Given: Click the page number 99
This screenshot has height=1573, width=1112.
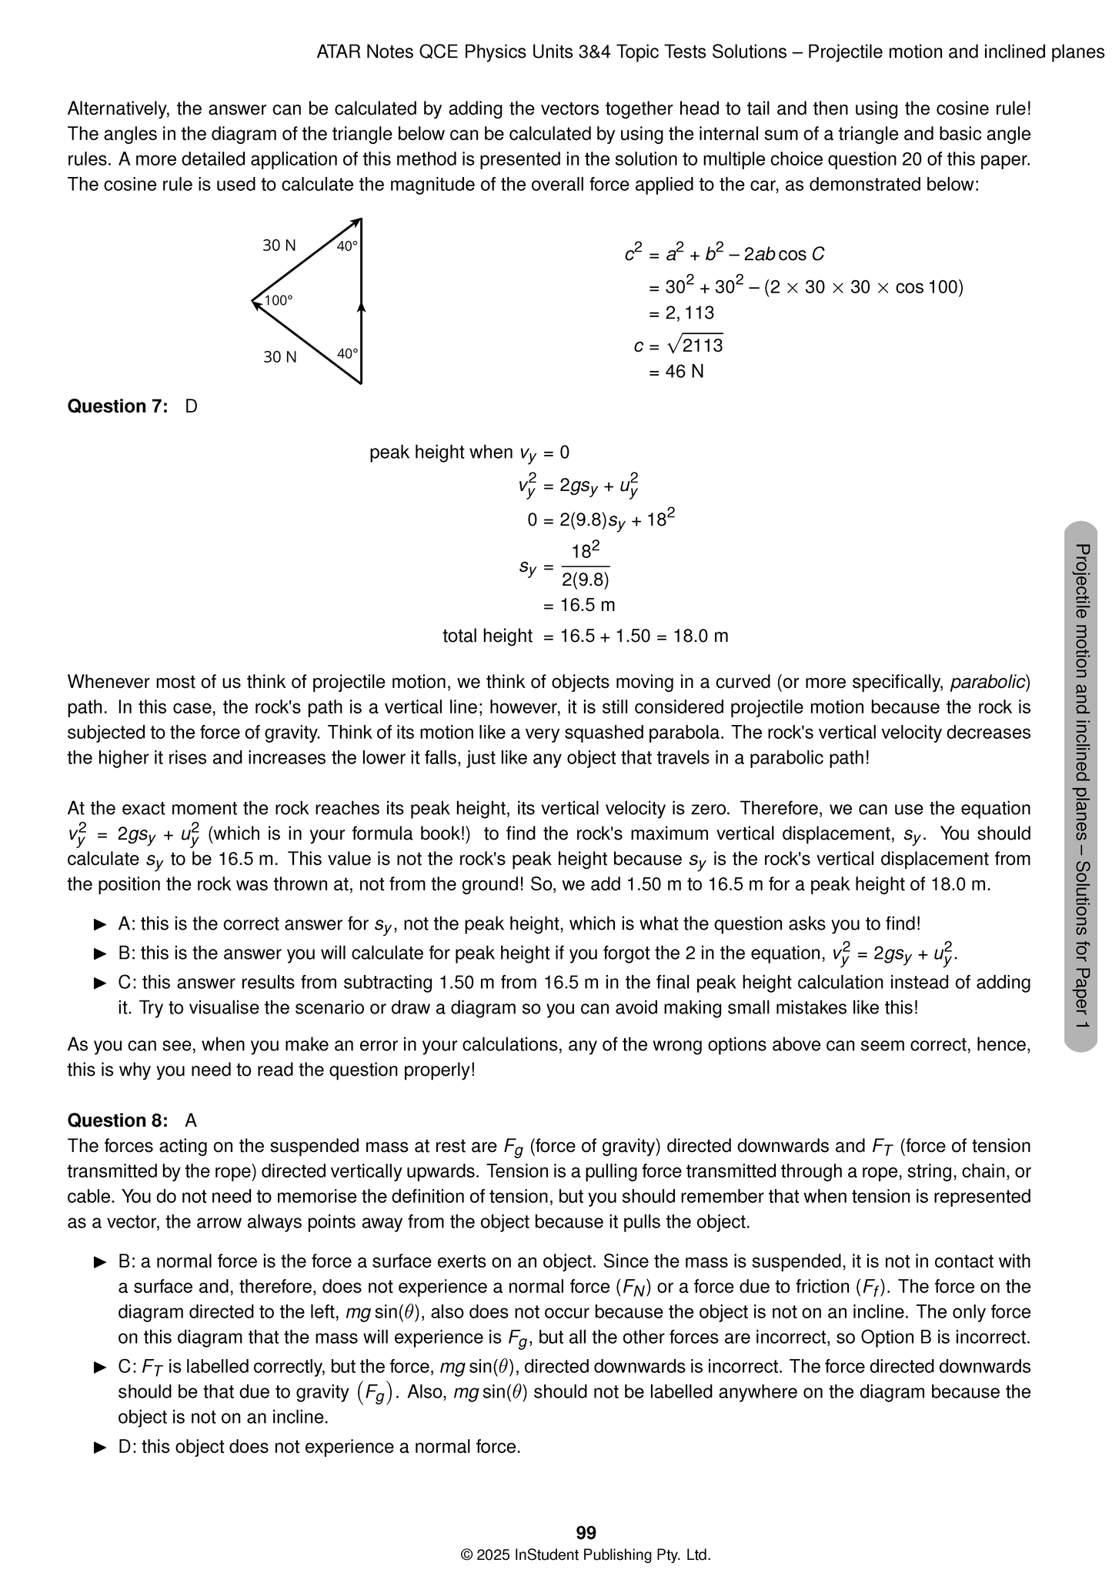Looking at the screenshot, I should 586,1532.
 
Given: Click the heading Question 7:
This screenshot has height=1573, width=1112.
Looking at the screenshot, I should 117,406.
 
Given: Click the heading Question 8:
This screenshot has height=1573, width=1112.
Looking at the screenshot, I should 117,1120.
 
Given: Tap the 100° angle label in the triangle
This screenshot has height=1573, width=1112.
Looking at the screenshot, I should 278,301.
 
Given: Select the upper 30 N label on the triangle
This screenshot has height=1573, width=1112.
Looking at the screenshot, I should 279,245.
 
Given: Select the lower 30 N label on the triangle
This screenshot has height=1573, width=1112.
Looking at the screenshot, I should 279,357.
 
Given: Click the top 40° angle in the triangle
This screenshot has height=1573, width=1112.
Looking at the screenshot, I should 347,246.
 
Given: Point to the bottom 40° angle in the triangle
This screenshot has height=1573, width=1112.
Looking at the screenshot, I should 347,354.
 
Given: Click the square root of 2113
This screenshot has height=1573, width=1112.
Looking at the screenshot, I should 696,346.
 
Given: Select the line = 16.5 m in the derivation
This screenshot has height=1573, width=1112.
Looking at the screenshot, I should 579,605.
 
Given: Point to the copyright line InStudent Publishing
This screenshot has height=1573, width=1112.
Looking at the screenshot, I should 586,1555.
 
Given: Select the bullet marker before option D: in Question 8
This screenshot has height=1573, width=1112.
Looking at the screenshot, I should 99,1448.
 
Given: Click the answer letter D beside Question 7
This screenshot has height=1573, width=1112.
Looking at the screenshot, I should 192,406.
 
